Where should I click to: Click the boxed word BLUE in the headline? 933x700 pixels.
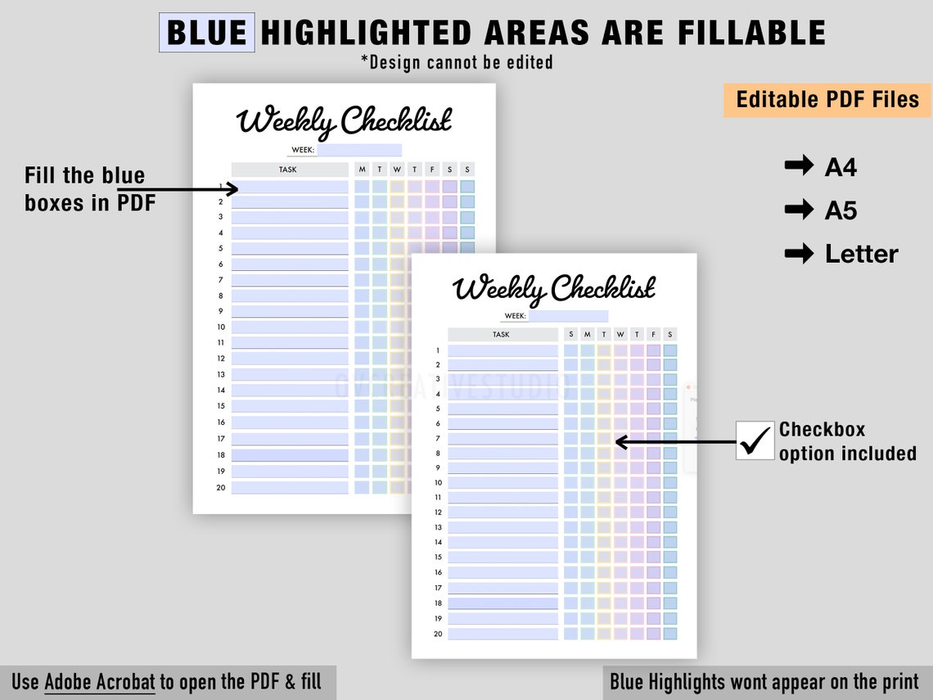point(206,33)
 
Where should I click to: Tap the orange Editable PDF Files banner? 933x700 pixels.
point(827,100)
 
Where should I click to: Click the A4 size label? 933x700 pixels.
point(841,167)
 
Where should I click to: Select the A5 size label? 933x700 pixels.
point(841,210)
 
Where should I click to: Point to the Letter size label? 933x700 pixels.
point(861,254)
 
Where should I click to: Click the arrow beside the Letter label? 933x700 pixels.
point(798,254)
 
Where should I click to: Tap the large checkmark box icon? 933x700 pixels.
point(755,440)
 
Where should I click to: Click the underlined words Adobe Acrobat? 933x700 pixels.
point(99,681)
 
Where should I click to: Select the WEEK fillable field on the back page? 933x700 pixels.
point(359,150)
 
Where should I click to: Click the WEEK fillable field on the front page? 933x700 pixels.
point(568,316)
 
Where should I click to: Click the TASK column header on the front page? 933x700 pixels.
point(501,334)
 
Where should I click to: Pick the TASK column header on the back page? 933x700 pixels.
point(288,169)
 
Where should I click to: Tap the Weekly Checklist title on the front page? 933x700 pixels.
point(554,288)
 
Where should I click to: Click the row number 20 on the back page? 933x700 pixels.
point(221,487)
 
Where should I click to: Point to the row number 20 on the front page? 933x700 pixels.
point(438,634)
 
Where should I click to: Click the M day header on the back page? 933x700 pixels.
point(362,169)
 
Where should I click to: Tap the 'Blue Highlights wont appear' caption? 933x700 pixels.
point(764,681)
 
